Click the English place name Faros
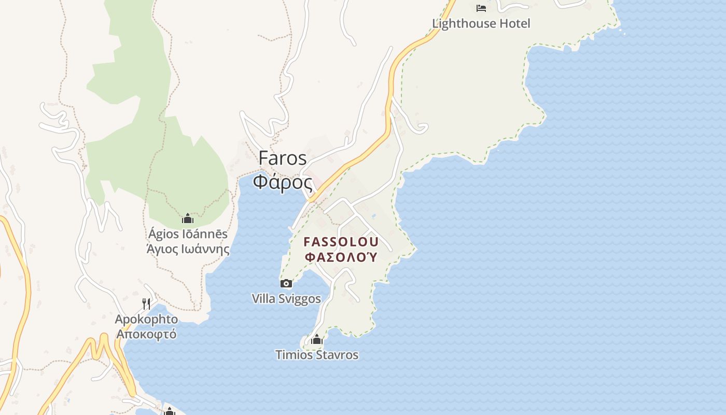[283, 158]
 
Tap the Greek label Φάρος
[283, 183]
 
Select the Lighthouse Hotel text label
[481, 23]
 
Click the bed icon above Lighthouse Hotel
[481, 8]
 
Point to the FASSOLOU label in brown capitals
[341, 242]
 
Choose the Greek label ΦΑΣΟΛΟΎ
[341, 257]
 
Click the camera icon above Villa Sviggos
[286, 283]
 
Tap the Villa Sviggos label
[286, 299]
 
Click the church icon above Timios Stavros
[316, 340]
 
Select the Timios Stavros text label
[316, 355]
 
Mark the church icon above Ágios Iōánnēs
[188, 218]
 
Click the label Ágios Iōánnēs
[188, 234]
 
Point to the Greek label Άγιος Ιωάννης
[188, 249]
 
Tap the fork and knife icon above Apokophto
[147, 303]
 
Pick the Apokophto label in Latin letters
[146, 319]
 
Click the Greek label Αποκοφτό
[146, 334]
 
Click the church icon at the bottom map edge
[169, 411]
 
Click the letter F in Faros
[264, 158]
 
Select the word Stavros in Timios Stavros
[338, 355]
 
